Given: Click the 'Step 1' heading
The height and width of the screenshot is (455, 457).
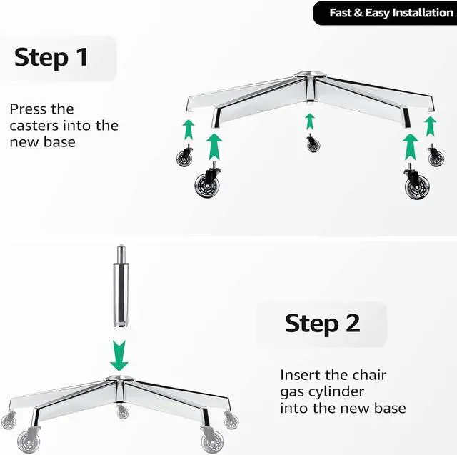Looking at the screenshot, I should click(x=51, y=57).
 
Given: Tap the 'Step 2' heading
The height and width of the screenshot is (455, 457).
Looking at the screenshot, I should click(x=322, y=323).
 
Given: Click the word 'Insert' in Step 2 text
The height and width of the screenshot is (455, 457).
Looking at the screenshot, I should click(x=300, y=375).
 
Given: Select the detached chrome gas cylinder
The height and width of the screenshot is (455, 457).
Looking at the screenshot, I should click(x=119, y=289).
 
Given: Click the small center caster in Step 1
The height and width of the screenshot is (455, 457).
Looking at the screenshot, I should click(x=313, y=144).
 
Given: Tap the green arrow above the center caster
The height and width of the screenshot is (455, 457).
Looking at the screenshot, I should click(x=310, y=121).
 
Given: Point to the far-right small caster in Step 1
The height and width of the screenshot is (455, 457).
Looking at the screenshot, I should click(x=436, y=156).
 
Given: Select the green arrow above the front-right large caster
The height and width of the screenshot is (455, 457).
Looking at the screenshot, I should click(x=411, y=146).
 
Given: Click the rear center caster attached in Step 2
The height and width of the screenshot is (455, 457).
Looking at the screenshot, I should click(x=123, y=411).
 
